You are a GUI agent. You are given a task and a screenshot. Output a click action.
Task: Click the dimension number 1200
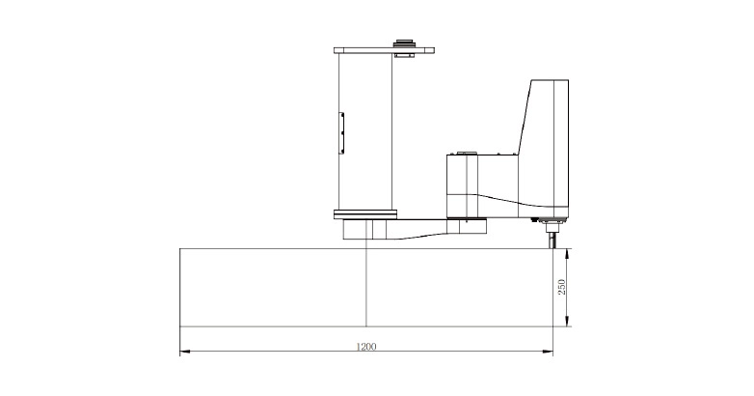pos(366,346)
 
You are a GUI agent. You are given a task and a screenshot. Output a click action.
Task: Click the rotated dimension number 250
pos(561,287)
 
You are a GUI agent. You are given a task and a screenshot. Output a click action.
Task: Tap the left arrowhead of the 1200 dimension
pos(185,352)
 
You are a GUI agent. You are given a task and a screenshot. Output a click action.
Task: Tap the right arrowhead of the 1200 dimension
pos(548,352)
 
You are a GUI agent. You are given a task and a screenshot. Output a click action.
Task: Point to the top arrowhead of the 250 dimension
pos(567,254)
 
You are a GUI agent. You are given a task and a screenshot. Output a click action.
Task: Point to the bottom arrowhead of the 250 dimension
pos(567,322)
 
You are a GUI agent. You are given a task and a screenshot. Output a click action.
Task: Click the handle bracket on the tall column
pos(341,133)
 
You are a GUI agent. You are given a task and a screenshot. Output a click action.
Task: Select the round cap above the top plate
pos(403,43)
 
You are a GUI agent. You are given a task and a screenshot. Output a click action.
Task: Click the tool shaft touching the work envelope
pos(552,239)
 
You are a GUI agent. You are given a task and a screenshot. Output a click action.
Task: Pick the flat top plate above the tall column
pos(384,50)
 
